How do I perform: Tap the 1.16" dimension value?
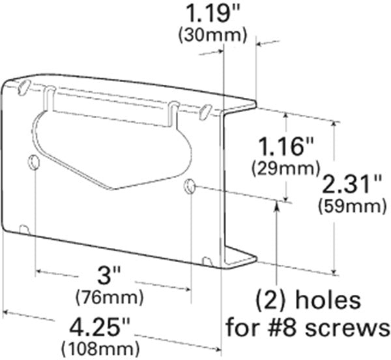pyautogui.click(x=278, y=146)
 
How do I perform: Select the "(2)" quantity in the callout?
pyautogui.click(x=270, y=302)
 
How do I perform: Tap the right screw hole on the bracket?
pyautogui.click(x=190, y=186)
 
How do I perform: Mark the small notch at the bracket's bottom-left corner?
pyautogui.click(x=24, y=230)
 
